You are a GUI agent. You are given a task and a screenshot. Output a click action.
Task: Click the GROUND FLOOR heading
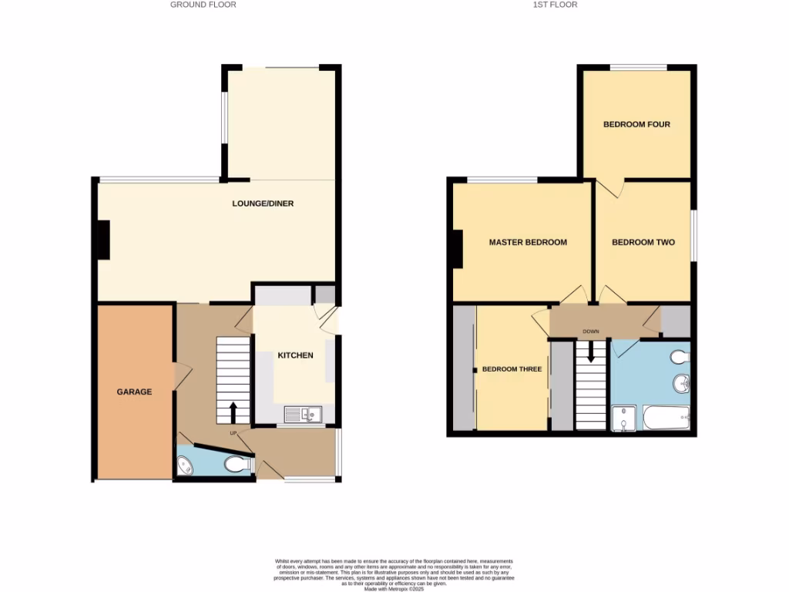(203, 5)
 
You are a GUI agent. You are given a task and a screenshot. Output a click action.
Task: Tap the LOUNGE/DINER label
(264, 204)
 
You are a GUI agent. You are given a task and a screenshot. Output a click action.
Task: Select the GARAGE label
(134, 392)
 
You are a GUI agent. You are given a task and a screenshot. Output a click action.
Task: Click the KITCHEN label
(296, 355)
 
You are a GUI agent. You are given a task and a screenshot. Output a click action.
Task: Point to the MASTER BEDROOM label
(528, 242)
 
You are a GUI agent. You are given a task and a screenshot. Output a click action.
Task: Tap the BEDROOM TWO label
(643, 242)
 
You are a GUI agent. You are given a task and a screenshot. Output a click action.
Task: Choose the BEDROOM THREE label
(512, 369)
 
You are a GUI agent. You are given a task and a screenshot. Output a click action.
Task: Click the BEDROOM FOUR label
(636, 124)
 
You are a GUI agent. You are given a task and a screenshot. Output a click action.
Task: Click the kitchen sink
(304, 415)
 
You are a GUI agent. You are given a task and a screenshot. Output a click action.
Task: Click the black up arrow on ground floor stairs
(233, 412)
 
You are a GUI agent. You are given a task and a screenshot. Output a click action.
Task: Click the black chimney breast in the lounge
(102, 240)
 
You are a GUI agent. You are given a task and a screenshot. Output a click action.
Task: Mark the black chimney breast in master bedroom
(458, 249)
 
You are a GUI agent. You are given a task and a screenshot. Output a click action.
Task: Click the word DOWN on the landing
(591, 332)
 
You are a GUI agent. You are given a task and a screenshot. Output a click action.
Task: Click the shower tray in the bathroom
(623, 419)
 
